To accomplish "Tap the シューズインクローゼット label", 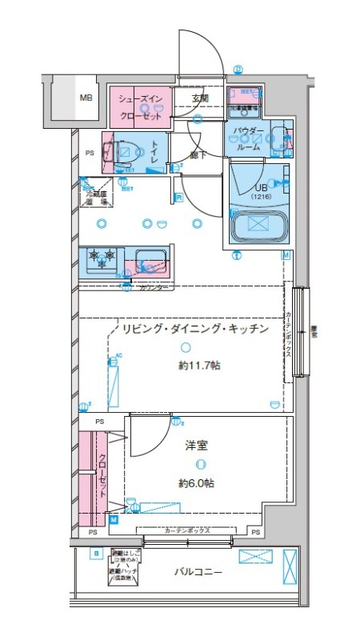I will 141,106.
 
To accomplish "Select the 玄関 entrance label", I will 199,98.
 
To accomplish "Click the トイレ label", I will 154,151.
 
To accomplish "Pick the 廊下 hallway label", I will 199,155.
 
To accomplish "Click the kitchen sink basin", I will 150,259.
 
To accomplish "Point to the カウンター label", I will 153,287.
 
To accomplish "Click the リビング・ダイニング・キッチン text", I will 193,329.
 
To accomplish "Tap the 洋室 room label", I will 197,446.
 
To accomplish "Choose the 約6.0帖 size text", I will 197,483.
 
